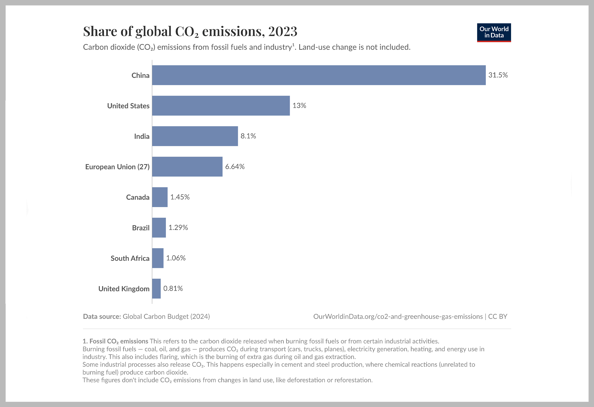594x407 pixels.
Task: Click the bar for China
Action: (x=319, y=75)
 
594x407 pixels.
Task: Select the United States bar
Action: (x=221, y=106)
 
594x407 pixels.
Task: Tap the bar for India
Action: (x=195, y=136)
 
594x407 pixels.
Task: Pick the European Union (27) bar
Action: (x=187, y=166)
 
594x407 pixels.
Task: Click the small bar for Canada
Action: (x=160, y=197)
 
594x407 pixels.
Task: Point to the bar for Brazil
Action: (x=159, y=227)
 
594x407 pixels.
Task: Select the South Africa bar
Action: (x=158, y=258)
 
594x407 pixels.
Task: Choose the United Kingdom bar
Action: (x=156, y=289)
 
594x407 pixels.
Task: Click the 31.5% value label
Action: (x=498, y=75)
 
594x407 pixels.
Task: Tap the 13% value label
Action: (x=299, y=105)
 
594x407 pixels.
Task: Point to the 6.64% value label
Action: (x=235, y=166)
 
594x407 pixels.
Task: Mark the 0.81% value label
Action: (x=173, y=289)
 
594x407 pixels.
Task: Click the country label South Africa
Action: (x=130, y=258)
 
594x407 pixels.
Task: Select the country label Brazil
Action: (x=141, y=228)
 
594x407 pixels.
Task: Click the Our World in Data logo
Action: (x=494, y=32)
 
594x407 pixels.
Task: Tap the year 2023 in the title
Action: (x=283, y=31)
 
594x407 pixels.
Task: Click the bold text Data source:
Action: (x=102, y=317)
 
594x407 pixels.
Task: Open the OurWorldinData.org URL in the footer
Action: (x=398, y=317)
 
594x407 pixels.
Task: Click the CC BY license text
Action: (x=497, y=317)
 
